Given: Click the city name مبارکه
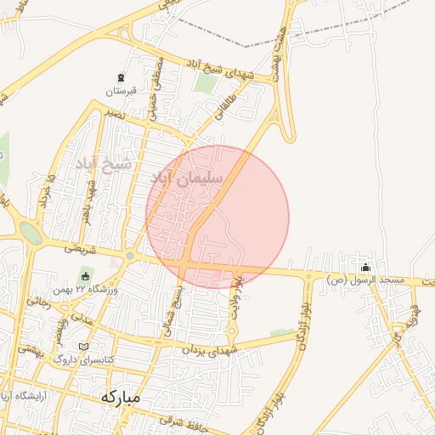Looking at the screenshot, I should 120,397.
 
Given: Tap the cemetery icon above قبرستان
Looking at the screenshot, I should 120,78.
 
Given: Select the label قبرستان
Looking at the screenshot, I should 120,91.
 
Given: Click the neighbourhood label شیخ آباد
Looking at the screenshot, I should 103,163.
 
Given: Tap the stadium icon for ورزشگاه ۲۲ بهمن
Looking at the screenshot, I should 84,277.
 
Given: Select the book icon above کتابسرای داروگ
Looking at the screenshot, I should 82,347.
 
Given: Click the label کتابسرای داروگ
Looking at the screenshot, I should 82,359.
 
